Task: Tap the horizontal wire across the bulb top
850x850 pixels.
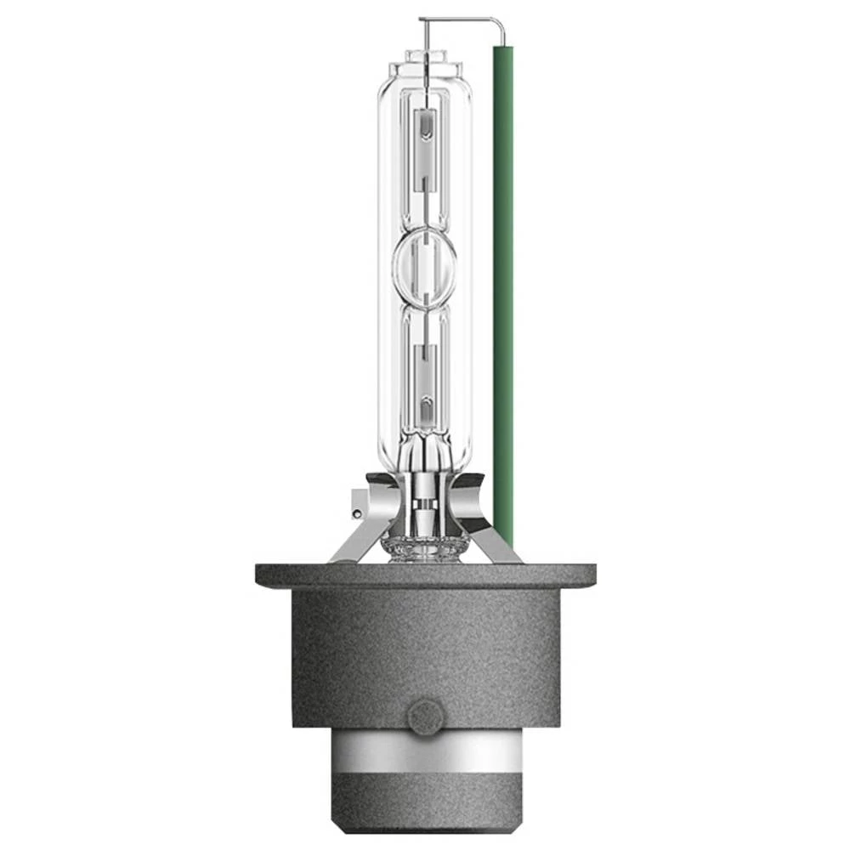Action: click(x=459, y=19)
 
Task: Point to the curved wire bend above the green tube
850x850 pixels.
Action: click(x=500, y=27)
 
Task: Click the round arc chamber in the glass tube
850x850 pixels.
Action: click(x=424, y=266)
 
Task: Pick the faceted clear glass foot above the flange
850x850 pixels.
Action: click(x=423, y=548)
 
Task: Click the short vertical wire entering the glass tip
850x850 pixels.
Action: click(x=424, y=38)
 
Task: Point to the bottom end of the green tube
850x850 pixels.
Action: click(x=504, y=540)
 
